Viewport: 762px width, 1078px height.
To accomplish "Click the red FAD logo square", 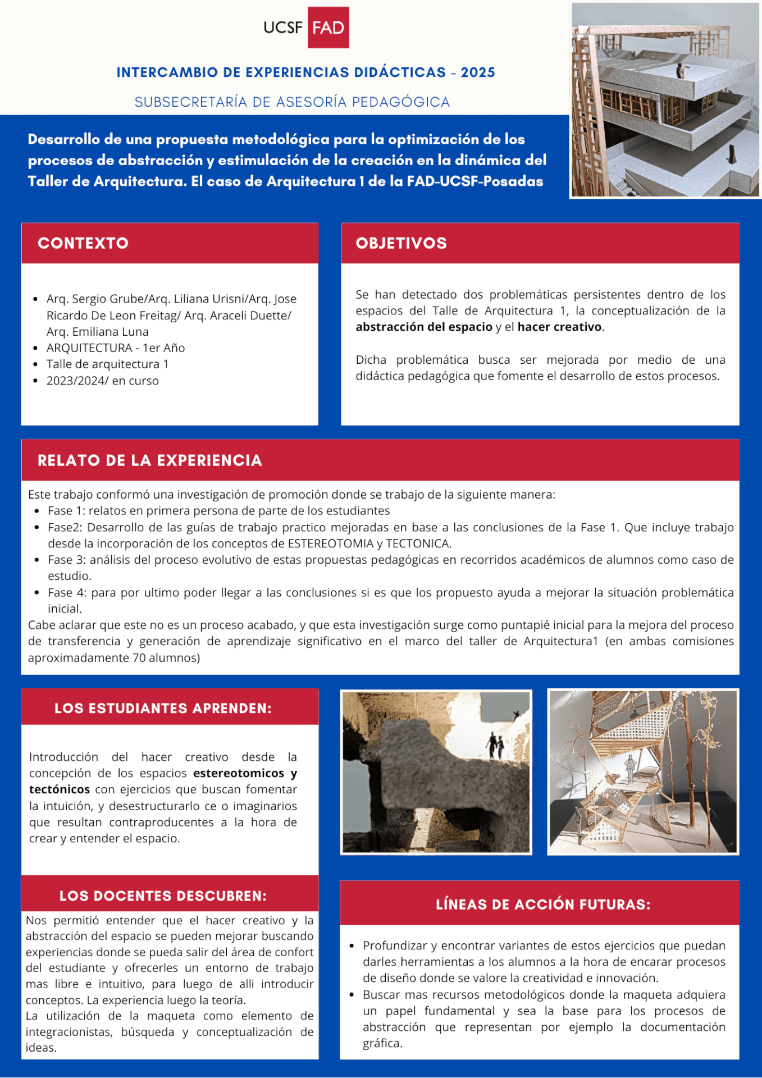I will coord(328,28).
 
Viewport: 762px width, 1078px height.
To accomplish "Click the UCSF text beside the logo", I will coord(283,28).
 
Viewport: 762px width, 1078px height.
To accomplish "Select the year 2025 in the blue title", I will coord(478,72).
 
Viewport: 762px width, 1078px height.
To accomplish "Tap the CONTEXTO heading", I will coord(83,243).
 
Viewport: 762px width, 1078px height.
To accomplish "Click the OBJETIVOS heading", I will coord(401,243).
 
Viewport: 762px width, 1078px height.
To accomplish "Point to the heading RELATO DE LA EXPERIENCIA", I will coord(149,460).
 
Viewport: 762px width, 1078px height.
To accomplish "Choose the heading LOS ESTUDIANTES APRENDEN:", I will coord(163,708).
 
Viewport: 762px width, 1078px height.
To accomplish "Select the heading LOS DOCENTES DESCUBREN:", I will coord(163,896).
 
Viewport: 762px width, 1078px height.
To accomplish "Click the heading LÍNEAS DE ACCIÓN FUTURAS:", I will coord(543,904).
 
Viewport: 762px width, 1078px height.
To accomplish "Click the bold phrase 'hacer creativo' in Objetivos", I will coord(559,327).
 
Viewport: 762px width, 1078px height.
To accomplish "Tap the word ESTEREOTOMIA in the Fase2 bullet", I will coord(331,543).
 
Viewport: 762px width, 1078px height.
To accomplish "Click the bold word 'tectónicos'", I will coord(60,789).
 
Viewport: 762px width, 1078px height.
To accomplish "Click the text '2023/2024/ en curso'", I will coord(103,381).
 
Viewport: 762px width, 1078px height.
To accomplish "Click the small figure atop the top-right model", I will coord(681,71).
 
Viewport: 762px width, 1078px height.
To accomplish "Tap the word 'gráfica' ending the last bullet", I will coord(381,1043).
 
